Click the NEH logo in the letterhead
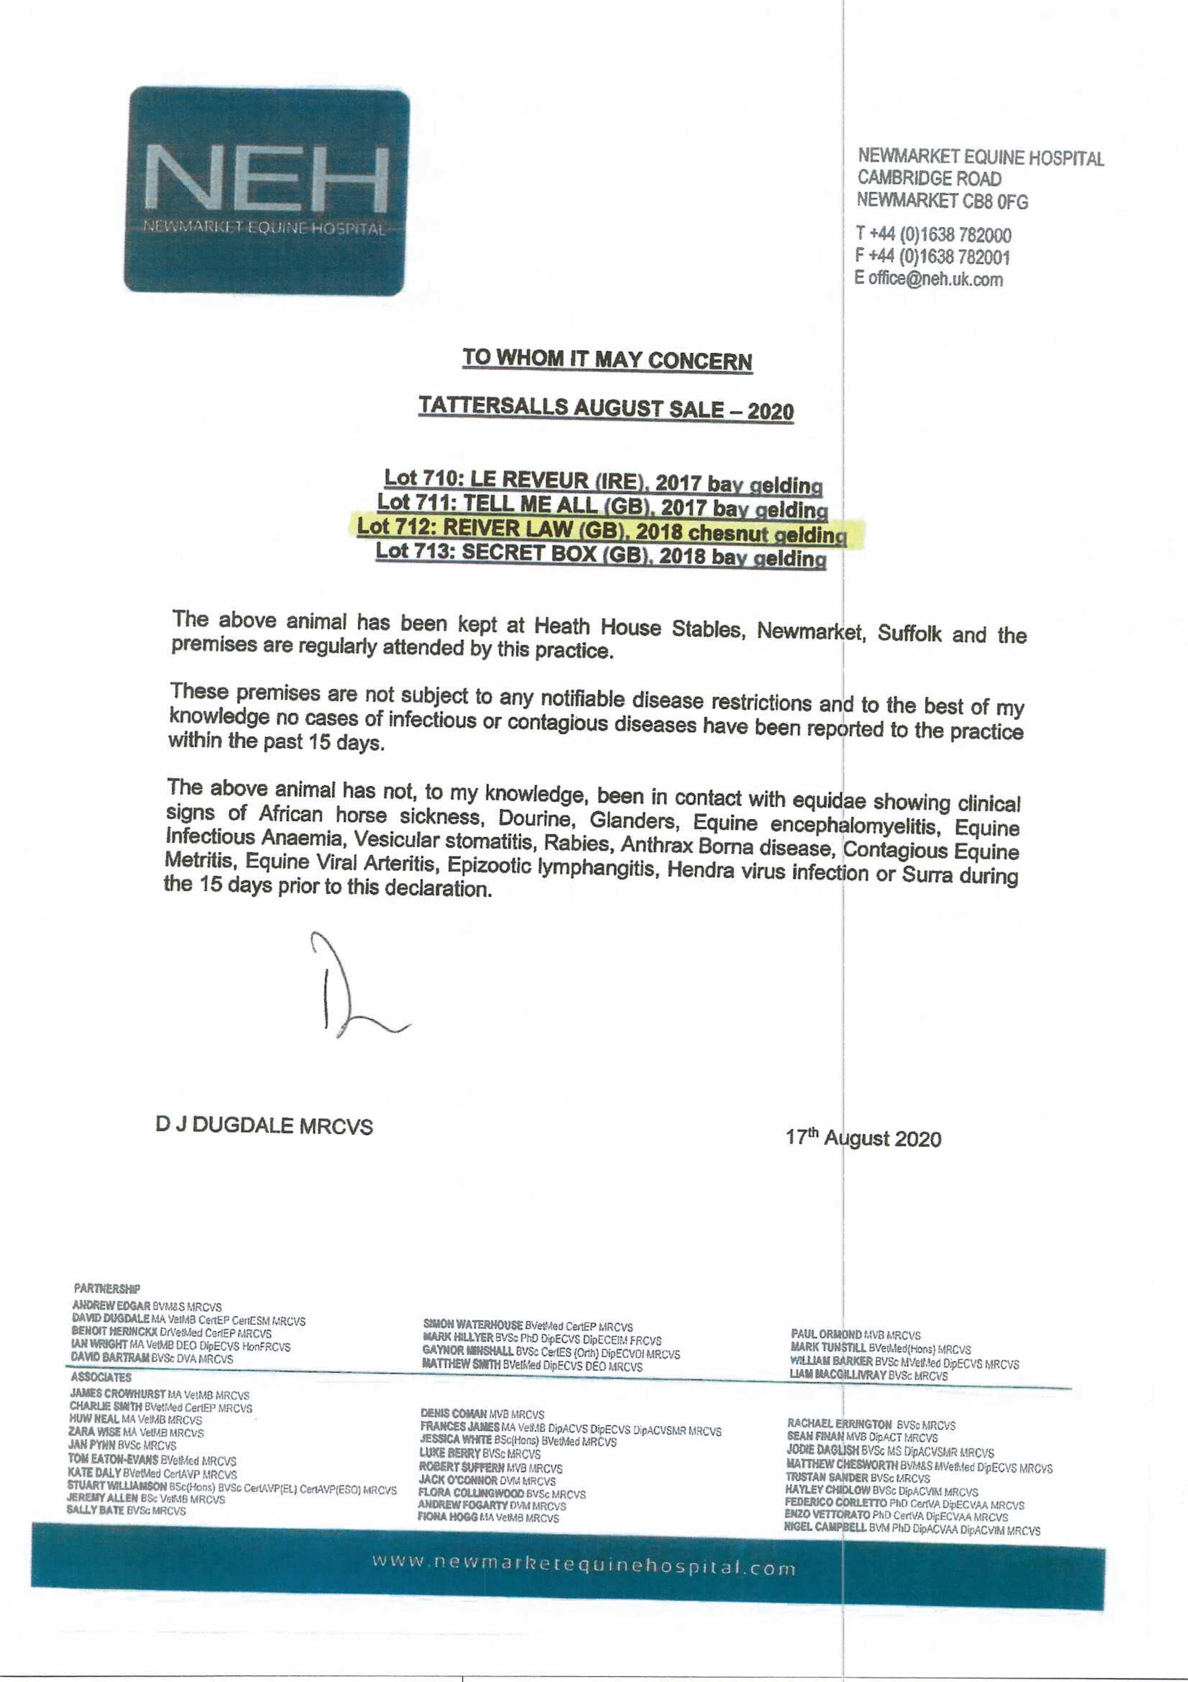pos(267,190)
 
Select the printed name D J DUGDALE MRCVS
pos(264,1125)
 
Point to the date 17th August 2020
pos(863,1138)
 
